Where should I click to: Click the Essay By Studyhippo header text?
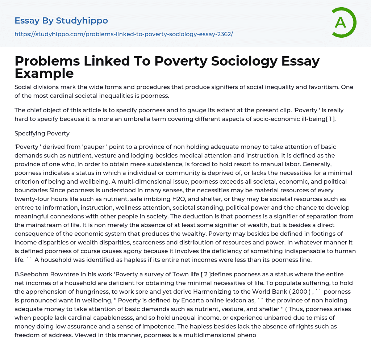61,21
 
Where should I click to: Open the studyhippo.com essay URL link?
124,34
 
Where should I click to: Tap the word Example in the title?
44,73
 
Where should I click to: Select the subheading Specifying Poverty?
42,133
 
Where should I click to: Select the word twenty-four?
33,199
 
